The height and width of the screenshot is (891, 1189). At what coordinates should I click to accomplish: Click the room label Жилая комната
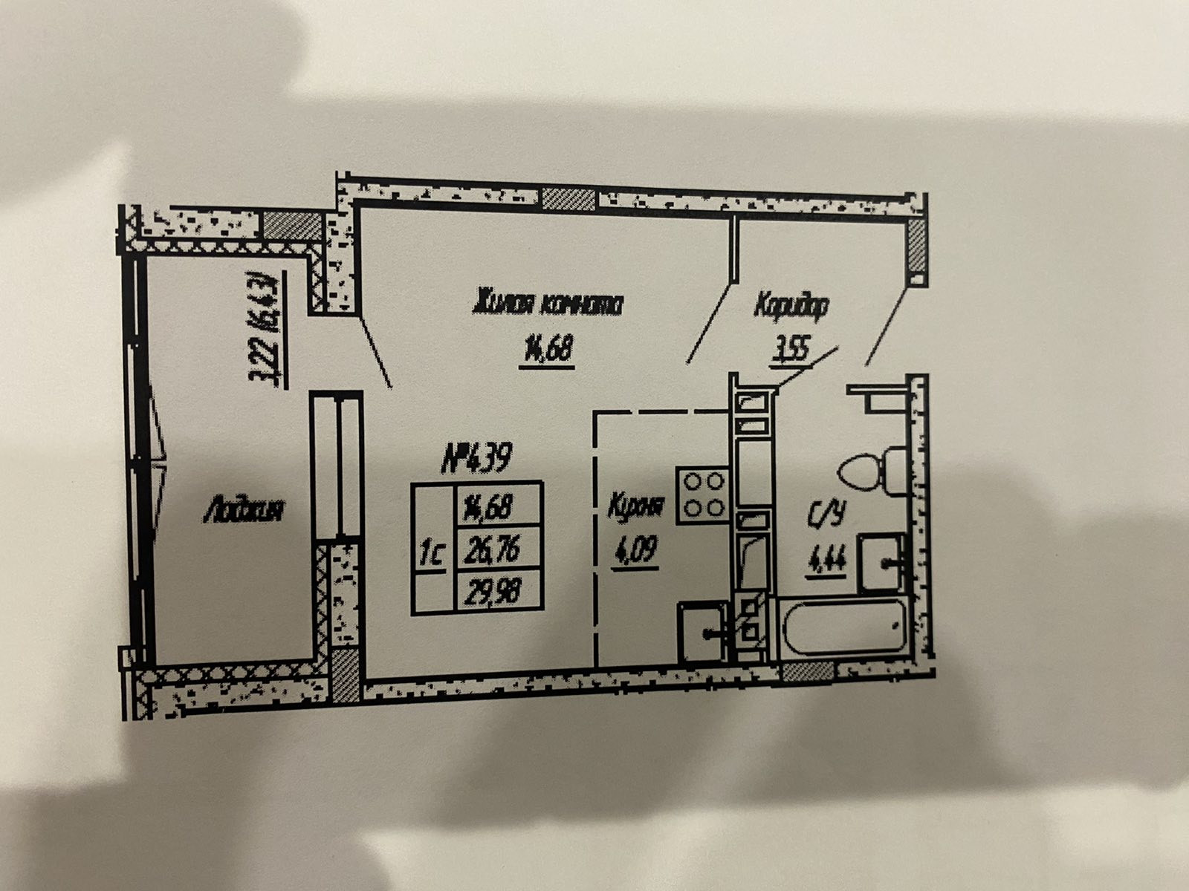(x=548, y=304)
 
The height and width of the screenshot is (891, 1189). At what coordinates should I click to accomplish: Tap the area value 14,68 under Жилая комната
(x=547, y=347)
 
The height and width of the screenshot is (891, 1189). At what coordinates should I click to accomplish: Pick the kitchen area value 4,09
(x=634, y=552)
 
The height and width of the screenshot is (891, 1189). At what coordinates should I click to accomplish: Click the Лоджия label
(x=242, y=511)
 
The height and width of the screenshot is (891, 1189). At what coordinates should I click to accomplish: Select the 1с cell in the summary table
(x=432, y=554)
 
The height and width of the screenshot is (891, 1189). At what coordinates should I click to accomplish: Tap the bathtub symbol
(x=844, y=627)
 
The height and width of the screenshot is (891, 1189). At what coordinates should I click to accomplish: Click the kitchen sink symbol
(x=703, y=632)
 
